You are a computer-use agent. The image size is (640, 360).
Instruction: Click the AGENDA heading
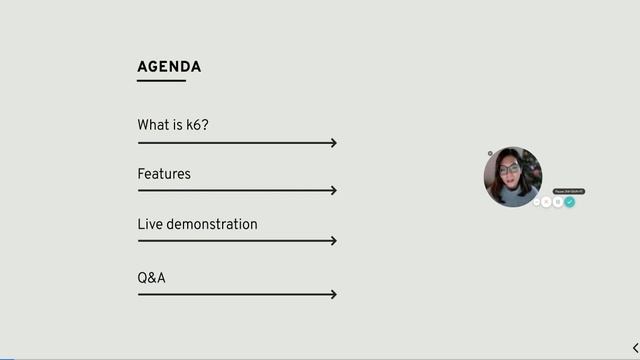point(169,67)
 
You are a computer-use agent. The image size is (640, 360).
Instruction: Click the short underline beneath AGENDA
point(161,80)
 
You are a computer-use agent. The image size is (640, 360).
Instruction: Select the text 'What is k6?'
point(173,125)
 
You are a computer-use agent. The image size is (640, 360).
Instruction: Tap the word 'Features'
point(164,174)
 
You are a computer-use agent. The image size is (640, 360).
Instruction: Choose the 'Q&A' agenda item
point(151,277)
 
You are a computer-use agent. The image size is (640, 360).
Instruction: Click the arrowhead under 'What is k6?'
point(333,143)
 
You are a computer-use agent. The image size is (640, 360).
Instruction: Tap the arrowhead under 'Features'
point(333,190)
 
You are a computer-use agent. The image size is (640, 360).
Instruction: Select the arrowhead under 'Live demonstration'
point(333,240)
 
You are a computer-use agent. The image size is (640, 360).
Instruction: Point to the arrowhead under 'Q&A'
point(333,294)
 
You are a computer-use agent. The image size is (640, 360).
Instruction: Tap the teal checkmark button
point(569,202)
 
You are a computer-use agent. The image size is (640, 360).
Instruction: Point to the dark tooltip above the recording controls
point(568,191)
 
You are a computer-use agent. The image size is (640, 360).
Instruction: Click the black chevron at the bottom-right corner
point(635,348)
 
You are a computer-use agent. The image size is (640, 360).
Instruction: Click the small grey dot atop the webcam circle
point(490,153)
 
